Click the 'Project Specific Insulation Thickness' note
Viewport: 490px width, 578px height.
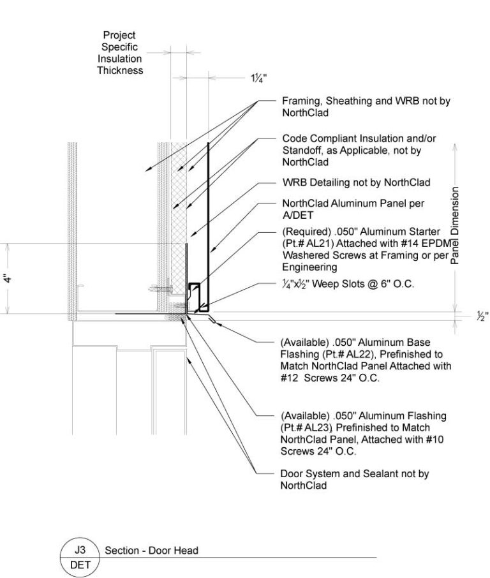pyautogui.click(x=120, y=53)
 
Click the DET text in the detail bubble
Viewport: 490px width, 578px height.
pyautogui.click(x=80, y=564)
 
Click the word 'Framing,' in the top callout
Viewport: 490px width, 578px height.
pyautogui.click(x=301, y=102)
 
